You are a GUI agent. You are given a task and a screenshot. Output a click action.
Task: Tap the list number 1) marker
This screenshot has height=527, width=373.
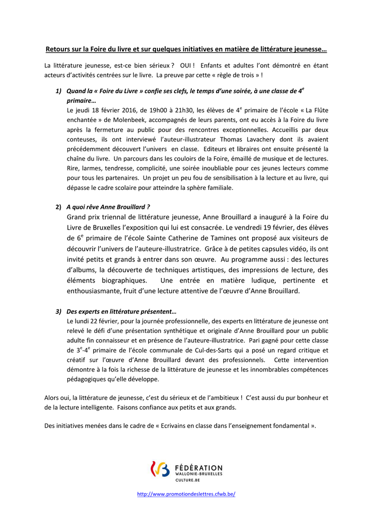coord(59,91)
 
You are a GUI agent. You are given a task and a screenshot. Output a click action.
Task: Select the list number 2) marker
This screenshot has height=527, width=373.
coord(59,207)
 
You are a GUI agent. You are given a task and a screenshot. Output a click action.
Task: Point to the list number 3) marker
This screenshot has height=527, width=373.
coord(59,311)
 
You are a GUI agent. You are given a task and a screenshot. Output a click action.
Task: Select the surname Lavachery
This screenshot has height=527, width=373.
coord(265,139)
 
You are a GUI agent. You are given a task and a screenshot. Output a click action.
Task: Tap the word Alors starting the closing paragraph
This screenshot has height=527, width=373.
coord(53,398)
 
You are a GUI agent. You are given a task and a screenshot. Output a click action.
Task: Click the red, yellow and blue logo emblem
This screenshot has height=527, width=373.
coord(160,469)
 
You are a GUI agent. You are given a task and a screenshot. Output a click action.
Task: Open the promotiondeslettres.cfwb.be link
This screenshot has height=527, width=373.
coord(186,494)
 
